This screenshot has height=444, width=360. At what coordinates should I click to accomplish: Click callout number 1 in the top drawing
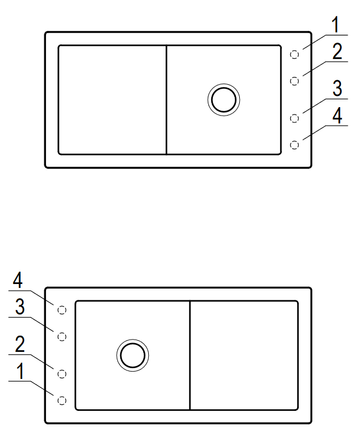pos(336,25)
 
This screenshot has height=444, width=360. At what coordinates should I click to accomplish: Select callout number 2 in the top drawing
pos(337,51)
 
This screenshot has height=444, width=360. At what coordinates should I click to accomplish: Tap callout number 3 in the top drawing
pos(337,88)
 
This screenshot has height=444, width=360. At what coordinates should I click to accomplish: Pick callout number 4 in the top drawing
pos(337,115)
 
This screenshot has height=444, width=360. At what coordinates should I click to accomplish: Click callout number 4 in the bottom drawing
pos(17,280)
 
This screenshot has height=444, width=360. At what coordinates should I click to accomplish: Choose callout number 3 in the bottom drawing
pos(20,306)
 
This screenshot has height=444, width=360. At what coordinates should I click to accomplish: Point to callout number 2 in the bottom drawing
pos(20,344)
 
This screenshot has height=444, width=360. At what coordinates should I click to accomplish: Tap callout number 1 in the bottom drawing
pos(20,371)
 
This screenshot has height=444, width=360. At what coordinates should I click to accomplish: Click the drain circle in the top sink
pos(224,84)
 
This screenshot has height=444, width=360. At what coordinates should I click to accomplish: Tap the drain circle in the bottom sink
pos(133,340)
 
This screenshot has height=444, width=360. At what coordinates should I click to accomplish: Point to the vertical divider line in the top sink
pos(166,100)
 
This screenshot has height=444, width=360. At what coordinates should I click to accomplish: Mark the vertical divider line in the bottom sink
pos(190,355)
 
